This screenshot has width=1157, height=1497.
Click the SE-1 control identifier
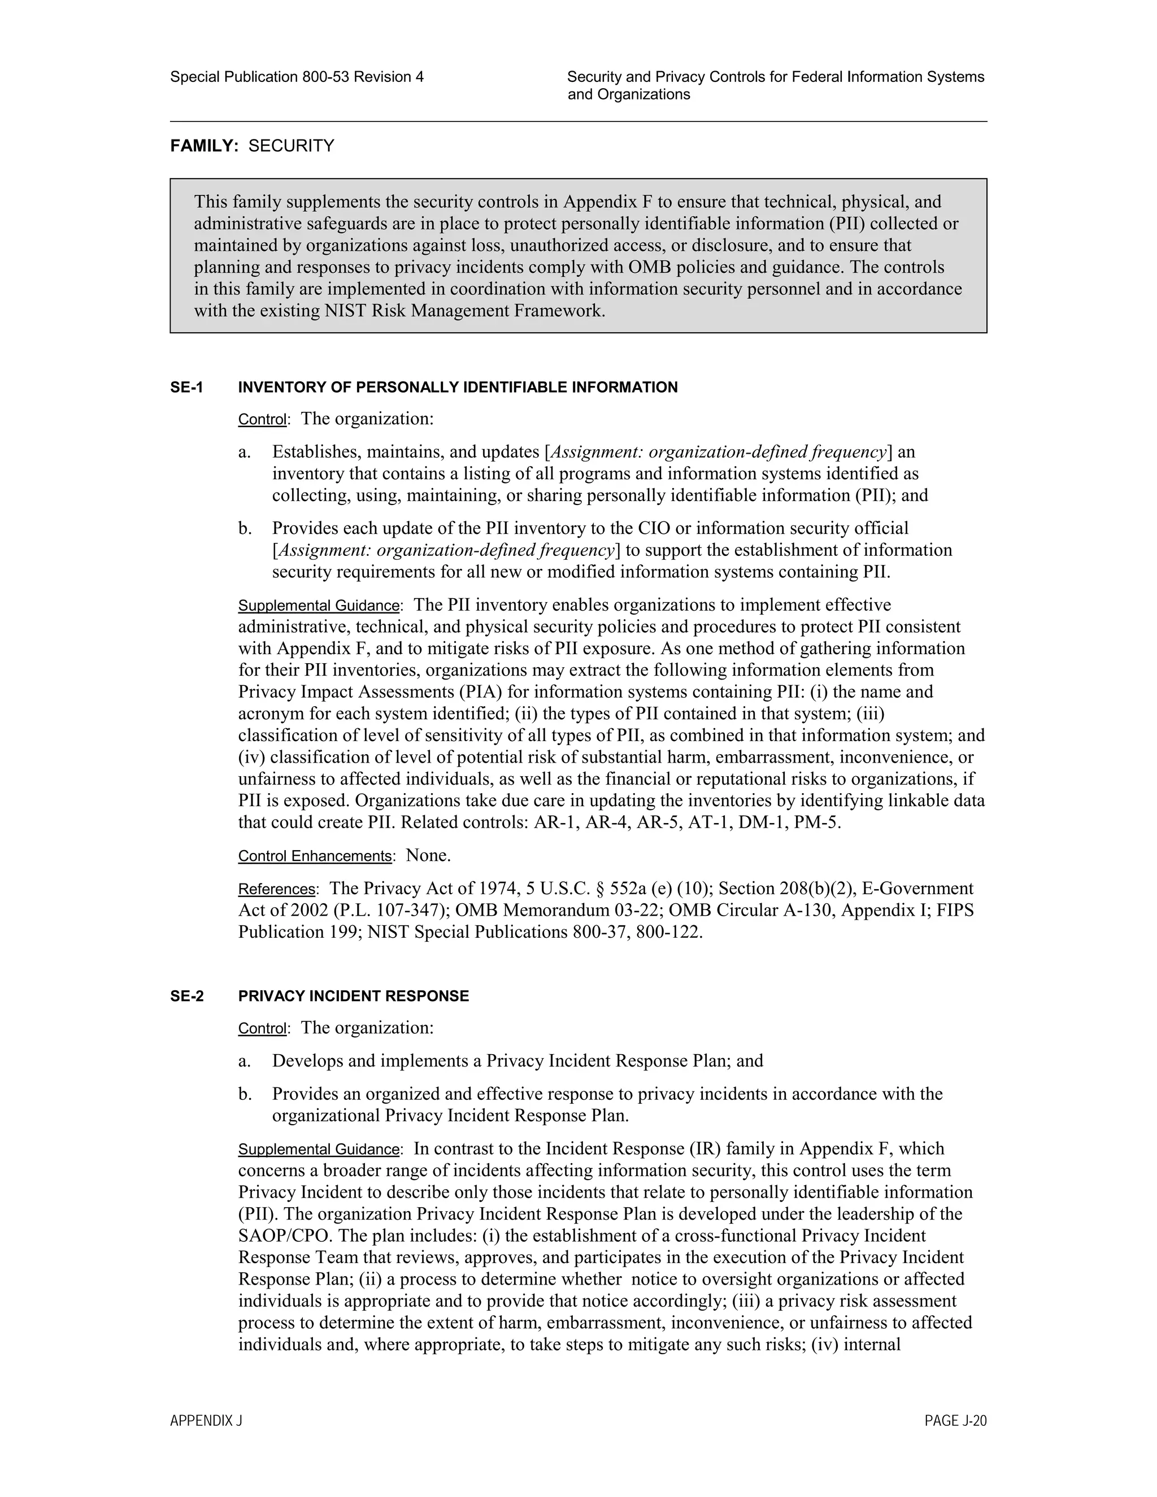coord(186,388)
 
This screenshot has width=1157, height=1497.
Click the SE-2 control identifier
coord(186,996)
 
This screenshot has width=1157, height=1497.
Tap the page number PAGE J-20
coord(955,1421)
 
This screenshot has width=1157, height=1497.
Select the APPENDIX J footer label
coord(206,1421)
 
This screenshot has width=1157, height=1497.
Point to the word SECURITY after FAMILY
coord(292,146)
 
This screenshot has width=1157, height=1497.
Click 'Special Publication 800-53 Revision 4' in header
coord(297,77)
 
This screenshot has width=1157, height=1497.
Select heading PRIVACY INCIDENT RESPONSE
coord(354,996)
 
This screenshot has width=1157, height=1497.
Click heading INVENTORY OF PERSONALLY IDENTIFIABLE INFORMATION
coord(458,388)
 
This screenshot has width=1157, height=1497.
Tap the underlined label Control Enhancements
coord(315,856)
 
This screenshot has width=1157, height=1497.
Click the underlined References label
coord(276,889)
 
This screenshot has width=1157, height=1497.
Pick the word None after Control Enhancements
coord(428,855)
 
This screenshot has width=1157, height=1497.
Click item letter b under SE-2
coord(245,1094)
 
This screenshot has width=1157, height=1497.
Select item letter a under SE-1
coord(244,452)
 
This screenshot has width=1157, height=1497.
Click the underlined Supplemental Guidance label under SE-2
coord(319,1150)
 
